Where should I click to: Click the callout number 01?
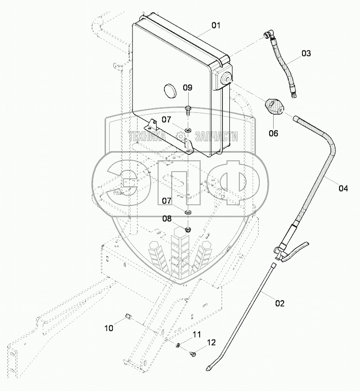216,26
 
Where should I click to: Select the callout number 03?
306,53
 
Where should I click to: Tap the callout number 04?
343,188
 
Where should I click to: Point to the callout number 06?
273,133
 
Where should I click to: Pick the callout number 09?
188,87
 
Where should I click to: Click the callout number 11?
196,335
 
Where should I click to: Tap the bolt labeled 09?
188,109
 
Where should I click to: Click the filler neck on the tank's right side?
226,80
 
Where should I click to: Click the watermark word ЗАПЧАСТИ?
217,136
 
